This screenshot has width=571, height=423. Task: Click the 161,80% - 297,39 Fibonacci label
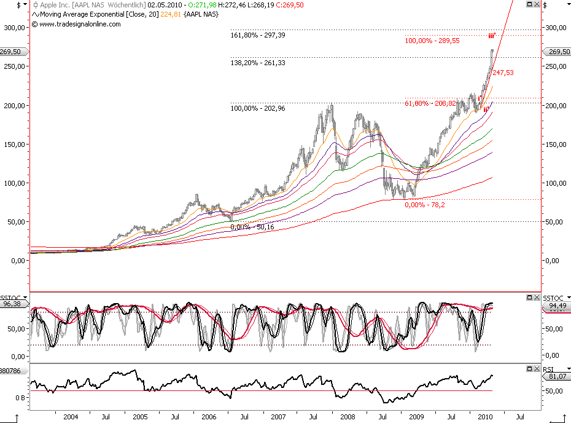pyautogui.click(x=257, y=35)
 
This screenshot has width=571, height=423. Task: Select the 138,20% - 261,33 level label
pyautogui.click(x=258, y=63)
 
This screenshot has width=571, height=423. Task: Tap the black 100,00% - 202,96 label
pyautogui.click(x=258, y=108)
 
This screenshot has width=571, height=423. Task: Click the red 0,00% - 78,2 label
pyautogui.click(x=425, y=205)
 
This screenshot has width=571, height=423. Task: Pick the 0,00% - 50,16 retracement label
pyautogui.click(x=252, y=227)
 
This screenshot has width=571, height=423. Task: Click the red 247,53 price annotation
pyautogui.click(x=503, y=73)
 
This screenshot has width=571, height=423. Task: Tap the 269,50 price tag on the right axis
pyautogui.click(x=557, y=52)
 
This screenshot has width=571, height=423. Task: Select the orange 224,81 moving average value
pyautogui.click(x=170, y=14)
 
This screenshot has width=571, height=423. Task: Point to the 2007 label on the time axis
pyautogui.click(x=279, y=417)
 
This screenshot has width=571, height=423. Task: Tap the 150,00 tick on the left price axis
pyautogui.click(x=14, y=144)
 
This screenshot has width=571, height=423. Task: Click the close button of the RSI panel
pyautogui.click(x=537, y=368)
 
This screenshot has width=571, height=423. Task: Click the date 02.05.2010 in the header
pyautogui.click(x=164, y=4)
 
